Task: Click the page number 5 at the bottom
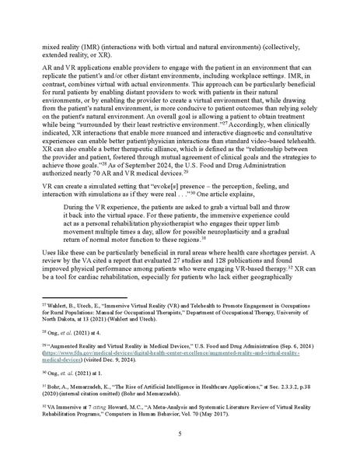click(180, 433)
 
